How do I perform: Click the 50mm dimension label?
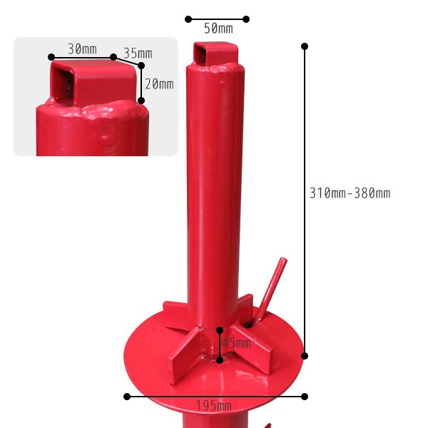218,29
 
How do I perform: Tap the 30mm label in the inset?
82,49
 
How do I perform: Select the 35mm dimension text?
138,53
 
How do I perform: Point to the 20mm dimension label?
159,83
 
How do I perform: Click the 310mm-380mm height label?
350,193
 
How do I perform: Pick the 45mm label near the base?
236,343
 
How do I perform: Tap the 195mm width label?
214,406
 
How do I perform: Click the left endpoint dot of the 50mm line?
188,19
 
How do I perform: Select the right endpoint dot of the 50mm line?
246,19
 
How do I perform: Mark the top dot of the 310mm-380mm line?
305,46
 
